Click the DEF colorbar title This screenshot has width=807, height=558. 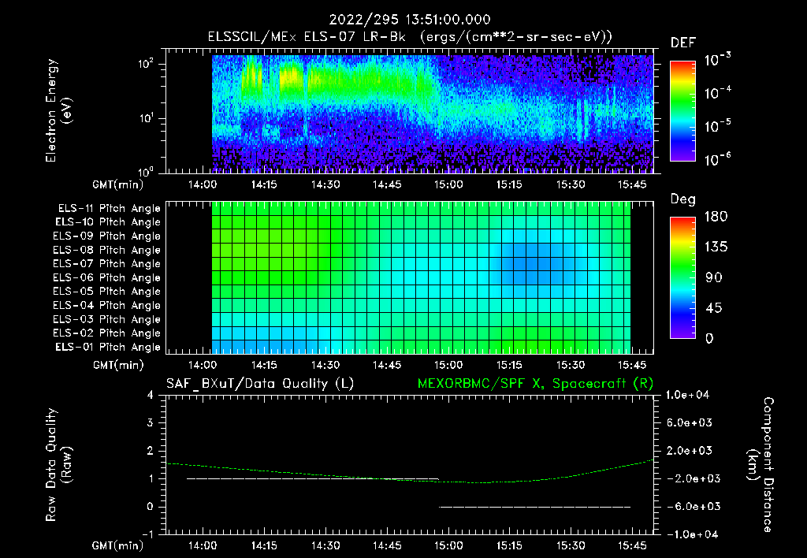682,43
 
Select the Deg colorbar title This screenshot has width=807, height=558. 682,199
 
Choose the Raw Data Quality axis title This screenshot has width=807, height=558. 58,465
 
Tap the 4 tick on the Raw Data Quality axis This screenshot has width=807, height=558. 150,396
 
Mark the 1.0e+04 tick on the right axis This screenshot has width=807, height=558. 690,395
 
